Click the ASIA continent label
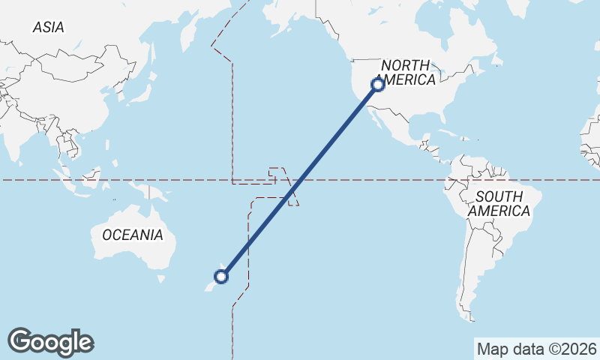pyautogui.click(x=49, y=28)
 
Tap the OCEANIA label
pyautogui.click(x=132, y=235)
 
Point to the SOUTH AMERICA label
pyautogui.click(x=499, y=204)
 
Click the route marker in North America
pyautogui.click(x=378, y=85)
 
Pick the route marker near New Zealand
pyautogui.click(x=221, y=277)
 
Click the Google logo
pyautogui.click(x=50, y=342)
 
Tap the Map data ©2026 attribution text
pyautogui.click(x=537, y=349)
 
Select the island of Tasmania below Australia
pyautogui.click(x=160, y=279)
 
